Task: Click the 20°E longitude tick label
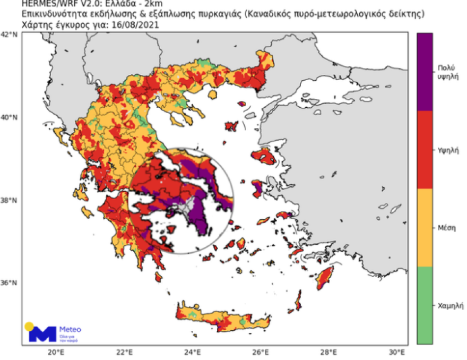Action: pyautogui.click(x=56, y=352)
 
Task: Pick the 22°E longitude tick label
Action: pyautogui.click(x=124, y=352)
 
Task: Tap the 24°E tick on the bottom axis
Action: pyautogui.click(x=192, y=352)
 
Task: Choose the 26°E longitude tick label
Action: pyautogui.click(x=261, y=352)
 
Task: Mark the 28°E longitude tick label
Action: pyautogui.click(x=329, y=352)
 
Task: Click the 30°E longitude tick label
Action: pyautogui.click(x=397, y=352)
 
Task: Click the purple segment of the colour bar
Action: pyautogui.click(x=425, y=72)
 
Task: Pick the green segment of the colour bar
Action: pyautogui.click(x=425, y=306)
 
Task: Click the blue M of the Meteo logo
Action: pyautogui.click(x=42, y=333)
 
